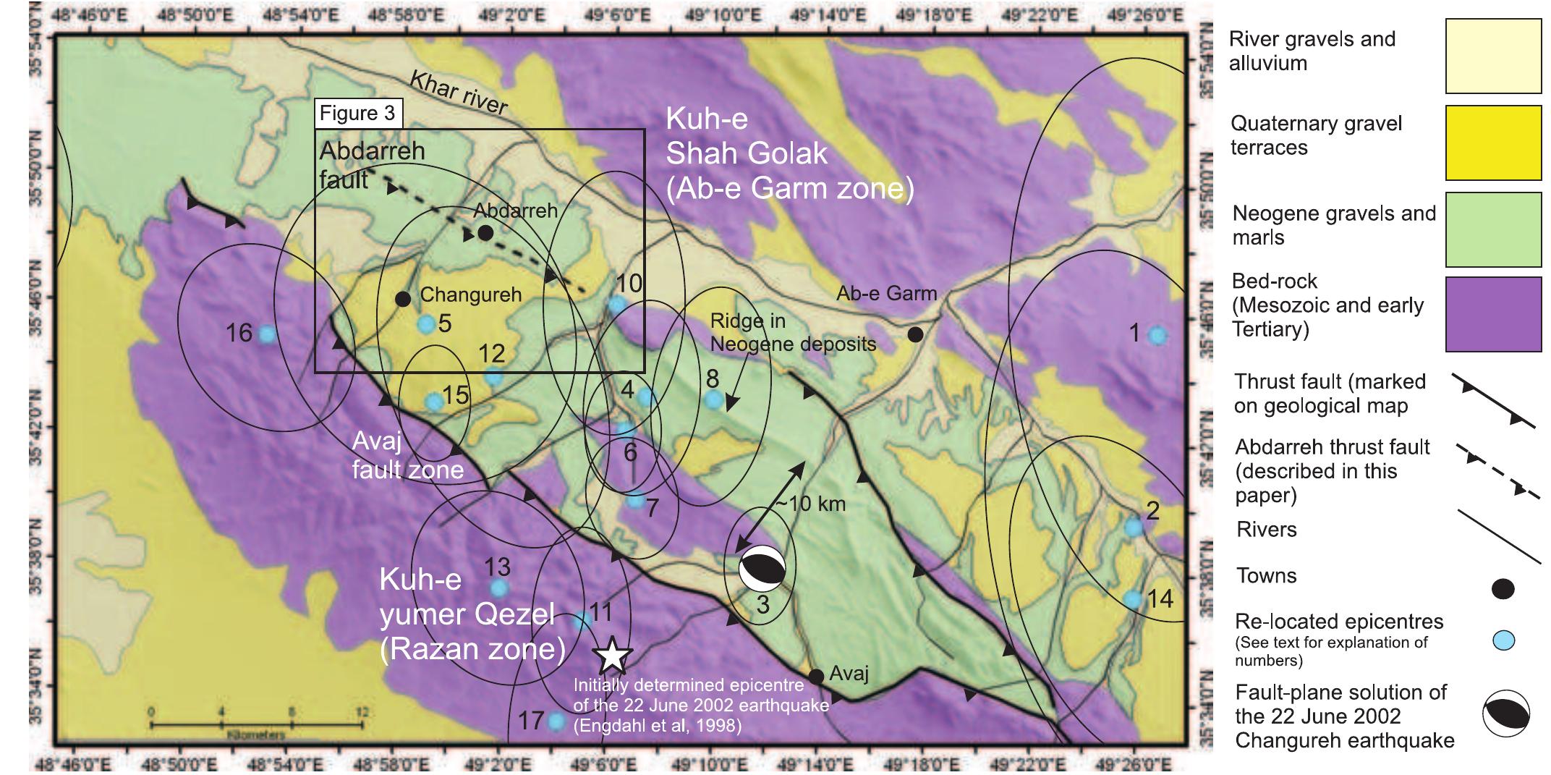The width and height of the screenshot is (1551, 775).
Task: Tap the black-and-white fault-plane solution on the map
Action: coord(762,569)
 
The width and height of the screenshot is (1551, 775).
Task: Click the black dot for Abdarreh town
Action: coord(485,233)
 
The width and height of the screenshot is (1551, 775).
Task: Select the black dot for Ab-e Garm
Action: coord(915,334)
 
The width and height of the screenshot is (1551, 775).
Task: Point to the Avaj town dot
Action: coord(816,677)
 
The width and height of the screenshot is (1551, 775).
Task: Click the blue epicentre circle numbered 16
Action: coord(267,335)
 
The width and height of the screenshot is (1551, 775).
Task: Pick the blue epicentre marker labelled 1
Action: coord(1157,335)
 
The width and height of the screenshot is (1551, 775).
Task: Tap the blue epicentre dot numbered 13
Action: coord(499,588)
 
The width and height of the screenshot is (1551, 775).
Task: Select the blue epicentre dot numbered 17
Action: coord(556,721)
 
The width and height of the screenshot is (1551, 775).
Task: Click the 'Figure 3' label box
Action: coord(358,114)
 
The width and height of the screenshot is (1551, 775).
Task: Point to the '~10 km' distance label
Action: coord(810,503)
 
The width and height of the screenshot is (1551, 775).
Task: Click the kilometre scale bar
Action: coord(257,723)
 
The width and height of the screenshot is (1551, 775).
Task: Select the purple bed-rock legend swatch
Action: coord(1493,314)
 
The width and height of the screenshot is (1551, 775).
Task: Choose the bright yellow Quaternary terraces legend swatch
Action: coord(1493,143)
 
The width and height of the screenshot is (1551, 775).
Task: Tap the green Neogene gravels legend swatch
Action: coord(1493,229)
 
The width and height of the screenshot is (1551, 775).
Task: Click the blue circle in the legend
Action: coord(1504,640)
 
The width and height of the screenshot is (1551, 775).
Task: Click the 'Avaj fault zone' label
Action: coord(407,456)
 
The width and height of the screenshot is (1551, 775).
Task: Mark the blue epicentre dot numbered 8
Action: coord(713,399)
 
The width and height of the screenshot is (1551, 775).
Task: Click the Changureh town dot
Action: coord(404,299)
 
